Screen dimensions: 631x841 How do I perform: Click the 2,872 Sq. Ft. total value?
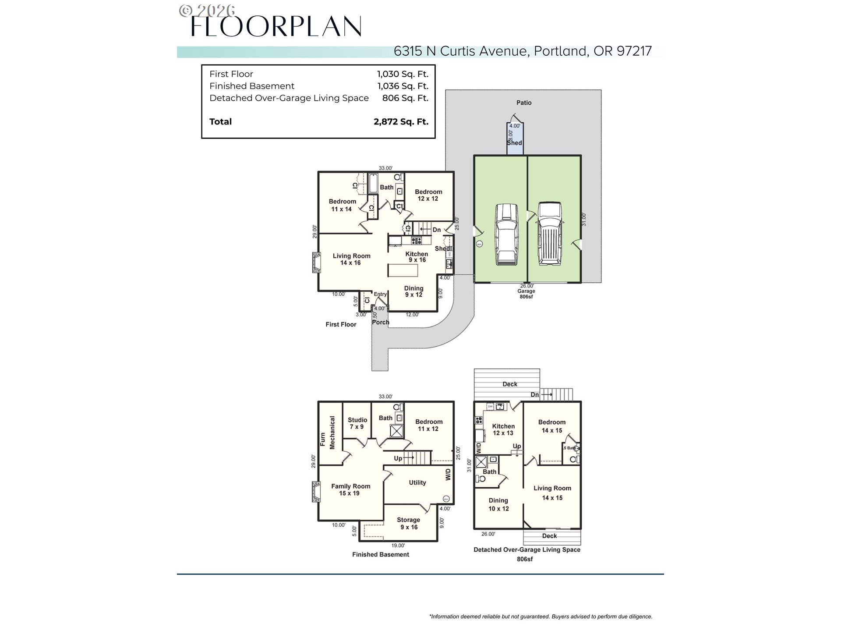[x=401, y=122]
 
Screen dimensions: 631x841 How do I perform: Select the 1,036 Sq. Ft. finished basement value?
[x=403, y=86]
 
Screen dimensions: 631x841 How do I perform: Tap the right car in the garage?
[x=549, y=234]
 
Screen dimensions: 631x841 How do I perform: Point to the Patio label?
[x=523, y=103]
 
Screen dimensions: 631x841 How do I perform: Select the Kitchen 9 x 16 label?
[x=417, y=257]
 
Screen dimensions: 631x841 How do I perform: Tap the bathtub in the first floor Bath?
[x=373, y=184]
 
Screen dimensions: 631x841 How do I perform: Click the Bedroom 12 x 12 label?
[x=428, y=195]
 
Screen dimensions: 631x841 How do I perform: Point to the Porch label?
[x=380, y=322]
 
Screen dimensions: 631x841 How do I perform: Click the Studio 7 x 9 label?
[x=357, y=423]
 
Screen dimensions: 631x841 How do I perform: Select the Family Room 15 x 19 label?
[x=350, y=489]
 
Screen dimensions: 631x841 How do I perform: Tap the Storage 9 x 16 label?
[x=408, y=523]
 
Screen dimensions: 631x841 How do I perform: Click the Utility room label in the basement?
[x=417, y=482]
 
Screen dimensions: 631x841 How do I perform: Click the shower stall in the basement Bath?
[x=397, y=431]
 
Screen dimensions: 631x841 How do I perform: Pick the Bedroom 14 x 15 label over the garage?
[x=551, y=426]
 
